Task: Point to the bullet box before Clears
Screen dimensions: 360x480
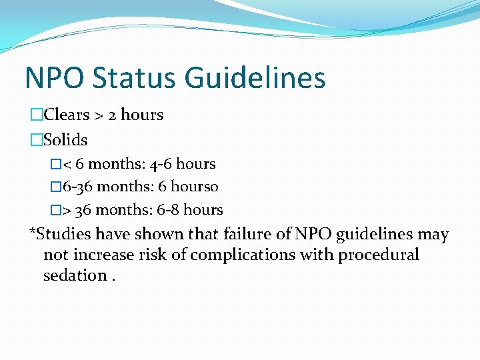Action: pyautogui.click(x=37, y=115)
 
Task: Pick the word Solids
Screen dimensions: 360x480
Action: pyautogui.click(x=65, y=140)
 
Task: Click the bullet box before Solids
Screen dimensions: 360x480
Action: pyautogui.click(x=37, y=141)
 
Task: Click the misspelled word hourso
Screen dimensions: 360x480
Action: pyautogui.click(x=197, y=187)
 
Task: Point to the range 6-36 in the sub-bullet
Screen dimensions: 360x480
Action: pyautogui.click(x=76, y=187)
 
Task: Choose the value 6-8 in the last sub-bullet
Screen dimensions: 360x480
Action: pyautogui.click(x=167, y=210)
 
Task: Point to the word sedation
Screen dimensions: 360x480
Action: pyautogui.click(x=75, y=275)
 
